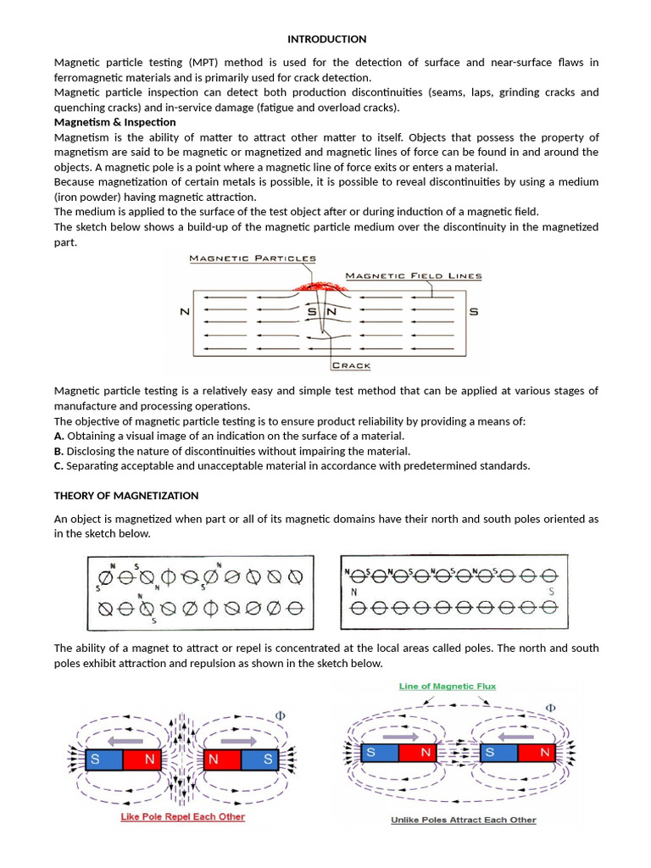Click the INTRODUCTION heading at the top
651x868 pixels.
(326, 39)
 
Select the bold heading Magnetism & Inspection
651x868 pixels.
(114, 122)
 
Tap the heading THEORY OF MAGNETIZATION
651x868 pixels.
(126, 496)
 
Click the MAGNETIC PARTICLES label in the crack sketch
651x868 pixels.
(253, 259)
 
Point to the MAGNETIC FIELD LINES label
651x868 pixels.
(414, 275)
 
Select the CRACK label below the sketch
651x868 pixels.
(350, 365)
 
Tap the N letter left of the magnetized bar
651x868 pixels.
(185, 312)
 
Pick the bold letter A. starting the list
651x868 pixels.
(59, 436)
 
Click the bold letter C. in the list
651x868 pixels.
(59, 465)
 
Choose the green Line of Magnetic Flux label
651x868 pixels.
(448, 686)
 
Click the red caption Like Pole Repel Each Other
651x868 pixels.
(183, 817)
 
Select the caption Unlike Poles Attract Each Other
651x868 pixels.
(463, 820)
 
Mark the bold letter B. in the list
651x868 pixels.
(59, 451)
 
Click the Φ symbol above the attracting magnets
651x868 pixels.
(550, 707)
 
